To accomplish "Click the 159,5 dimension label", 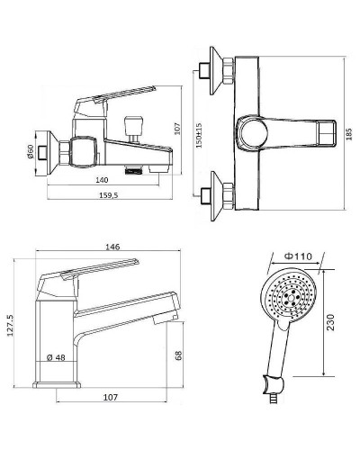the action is pyautogui.click(x=109, y=195).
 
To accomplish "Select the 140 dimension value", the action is pyautogui.click(x=102, y=180).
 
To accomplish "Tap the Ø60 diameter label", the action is pyautogui.click(x=30, y=151).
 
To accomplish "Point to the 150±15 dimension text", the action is pyautogui.click(x=199, y=135).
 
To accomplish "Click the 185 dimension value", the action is pyautogui.click(x=348, y=134).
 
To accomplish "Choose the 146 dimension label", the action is pyautogui.click(x=112, y=247).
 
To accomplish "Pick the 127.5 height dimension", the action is pyautogui.click(x=10, y=325).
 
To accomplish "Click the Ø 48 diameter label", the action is pyautogui.click(x=56, y=357).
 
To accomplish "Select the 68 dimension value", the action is pyautogui.click(x=178, y=355).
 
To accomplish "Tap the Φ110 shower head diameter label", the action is pyautogui.click(x=298, y=256).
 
